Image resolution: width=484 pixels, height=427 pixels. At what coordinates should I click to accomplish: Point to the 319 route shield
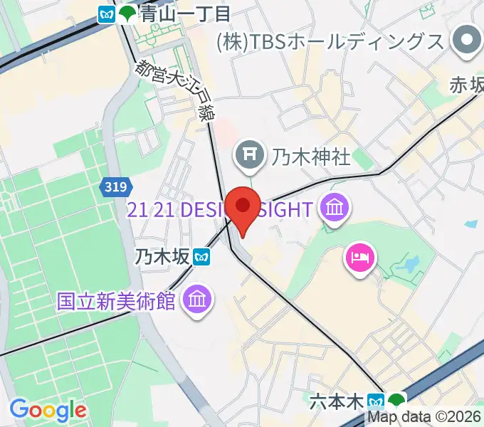[115, 187]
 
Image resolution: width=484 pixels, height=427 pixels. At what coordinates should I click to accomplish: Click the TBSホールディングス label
[330, 42]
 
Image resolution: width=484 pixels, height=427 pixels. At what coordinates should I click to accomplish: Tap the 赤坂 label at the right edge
[466, 84]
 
